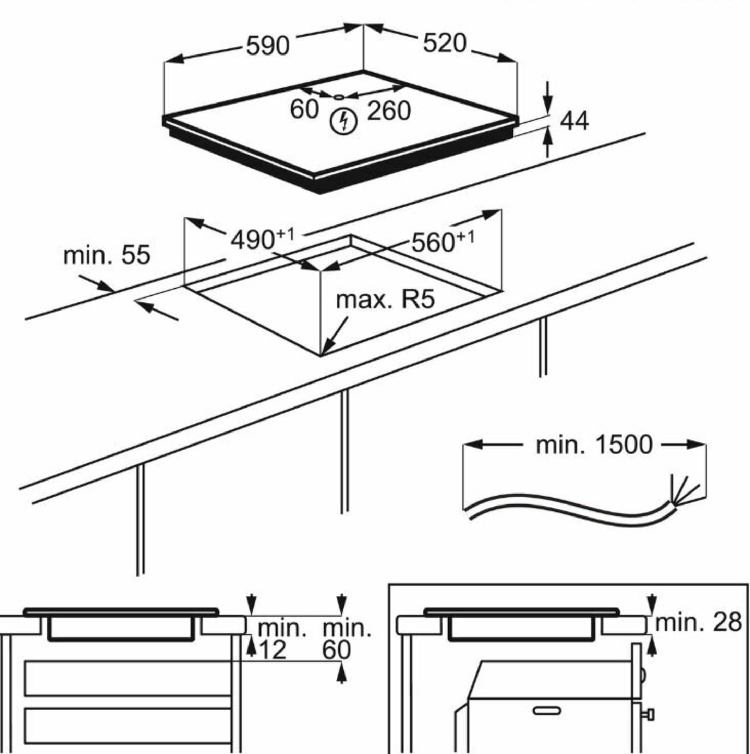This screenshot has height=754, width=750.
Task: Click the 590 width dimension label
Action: pos(268,46)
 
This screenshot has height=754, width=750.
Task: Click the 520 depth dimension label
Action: pos(445,43)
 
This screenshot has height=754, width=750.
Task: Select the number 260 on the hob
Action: pos(389,111)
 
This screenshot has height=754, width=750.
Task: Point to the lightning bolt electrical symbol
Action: pos(344,121)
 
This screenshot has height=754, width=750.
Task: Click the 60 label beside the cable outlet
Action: pos(304,109)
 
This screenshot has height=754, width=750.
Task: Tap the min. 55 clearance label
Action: pos(107,255)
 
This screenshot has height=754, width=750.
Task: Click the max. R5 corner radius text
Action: pos(385,300)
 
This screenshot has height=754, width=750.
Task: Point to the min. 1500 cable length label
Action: pos(594,445)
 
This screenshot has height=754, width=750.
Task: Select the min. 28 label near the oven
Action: pos(698,622)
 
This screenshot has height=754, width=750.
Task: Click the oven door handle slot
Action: pos(547,711)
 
